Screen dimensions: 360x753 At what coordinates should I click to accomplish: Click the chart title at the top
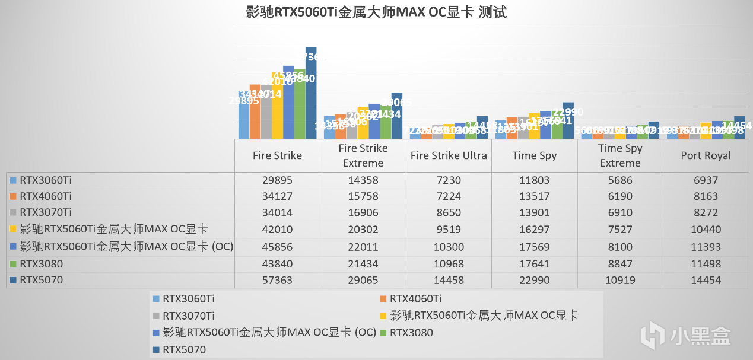tap(376, 12)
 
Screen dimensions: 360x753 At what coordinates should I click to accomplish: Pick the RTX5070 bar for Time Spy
tap(568, 122)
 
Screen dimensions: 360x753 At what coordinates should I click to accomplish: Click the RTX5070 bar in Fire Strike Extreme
tap(396, 116)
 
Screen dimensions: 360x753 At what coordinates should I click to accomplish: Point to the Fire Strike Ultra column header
tap(449, 155)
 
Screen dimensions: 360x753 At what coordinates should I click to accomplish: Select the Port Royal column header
tap(706, 155)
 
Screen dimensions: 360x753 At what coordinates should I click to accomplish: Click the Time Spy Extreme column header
tap(620, 155)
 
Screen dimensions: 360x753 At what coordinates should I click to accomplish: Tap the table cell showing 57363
tap(277, 280)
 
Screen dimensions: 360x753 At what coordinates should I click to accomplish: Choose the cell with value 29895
tap(277, 180)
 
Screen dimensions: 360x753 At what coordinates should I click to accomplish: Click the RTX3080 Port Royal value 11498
tap(706, 263)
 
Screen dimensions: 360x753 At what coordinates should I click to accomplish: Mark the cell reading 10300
tap(449, 247)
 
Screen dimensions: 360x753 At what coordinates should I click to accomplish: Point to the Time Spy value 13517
tap(534, 197)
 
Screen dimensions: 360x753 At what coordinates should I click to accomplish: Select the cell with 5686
tap(620, 180)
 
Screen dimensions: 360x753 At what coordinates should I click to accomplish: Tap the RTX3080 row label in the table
tap(41, 263)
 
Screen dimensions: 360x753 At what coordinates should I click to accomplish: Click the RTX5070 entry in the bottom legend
tap(184, 350)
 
